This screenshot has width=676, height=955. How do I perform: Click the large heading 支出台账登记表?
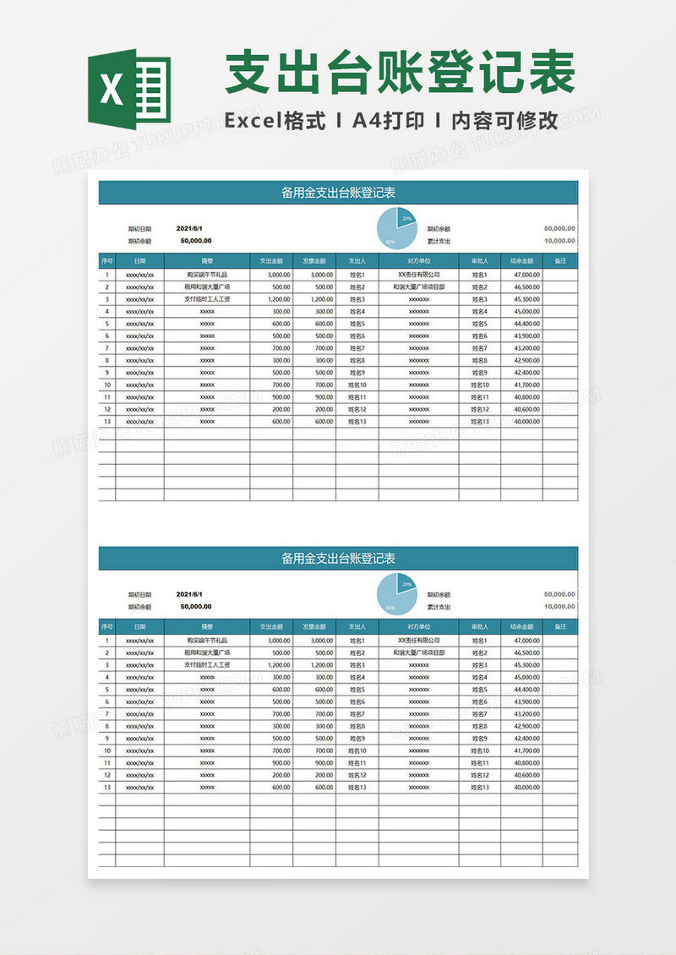pos(400,73)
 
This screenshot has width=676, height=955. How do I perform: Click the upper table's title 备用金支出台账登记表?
pos(338,193)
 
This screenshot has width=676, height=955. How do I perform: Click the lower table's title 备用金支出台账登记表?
pos(338,559)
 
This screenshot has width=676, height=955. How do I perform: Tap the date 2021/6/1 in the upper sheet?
pos(189,228)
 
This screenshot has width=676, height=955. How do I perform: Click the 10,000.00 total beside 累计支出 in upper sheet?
pos(559,241)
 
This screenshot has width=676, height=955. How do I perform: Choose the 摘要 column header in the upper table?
pos(207,261)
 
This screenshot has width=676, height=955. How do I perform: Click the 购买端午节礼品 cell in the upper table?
pos(207,275)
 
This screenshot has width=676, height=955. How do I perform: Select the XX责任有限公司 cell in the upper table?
pos(419,275)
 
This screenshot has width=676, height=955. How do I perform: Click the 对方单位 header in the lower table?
pos(419,627)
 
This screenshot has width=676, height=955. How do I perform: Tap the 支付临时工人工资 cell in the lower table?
pos(207,665)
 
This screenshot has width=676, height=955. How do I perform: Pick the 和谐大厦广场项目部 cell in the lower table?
pos(419,652)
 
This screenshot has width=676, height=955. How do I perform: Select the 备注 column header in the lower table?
pos(559,627)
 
